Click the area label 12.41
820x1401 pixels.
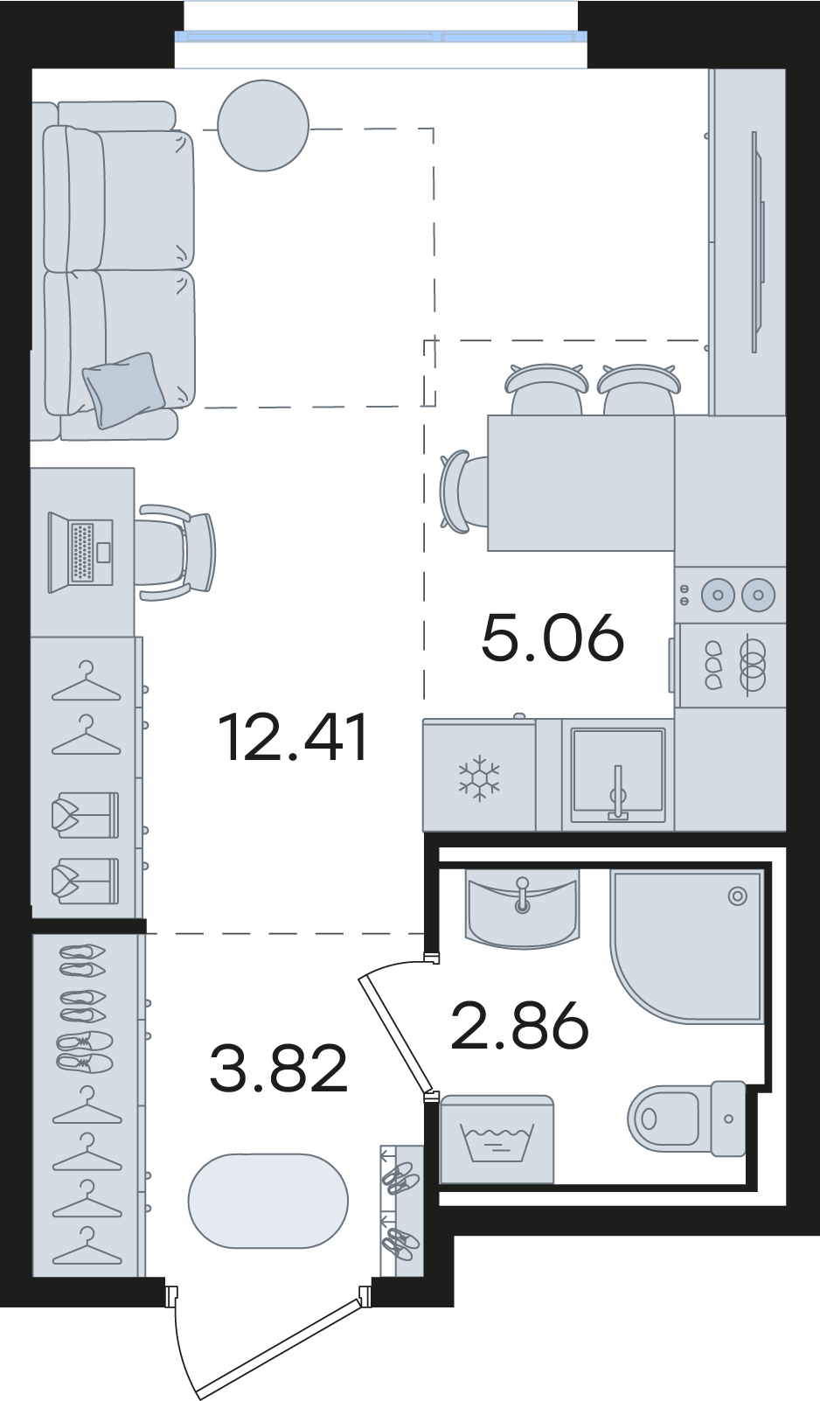pos(295,738)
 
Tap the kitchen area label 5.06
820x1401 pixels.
pos(552,638)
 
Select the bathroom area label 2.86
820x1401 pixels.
pos(519,1024)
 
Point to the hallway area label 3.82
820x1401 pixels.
pos(278,1070)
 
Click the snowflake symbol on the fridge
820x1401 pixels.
pos(479,778)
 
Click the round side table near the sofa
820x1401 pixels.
pos(263,125)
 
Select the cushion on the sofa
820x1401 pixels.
pos(124,390)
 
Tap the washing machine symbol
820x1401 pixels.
pos(497,1139)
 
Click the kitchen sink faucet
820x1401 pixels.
pos(618,791)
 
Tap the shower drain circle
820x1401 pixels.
pos(738,896)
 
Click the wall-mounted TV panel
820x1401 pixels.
pos(758,241)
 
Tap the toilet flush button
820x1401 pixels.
pos(728,1119)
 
